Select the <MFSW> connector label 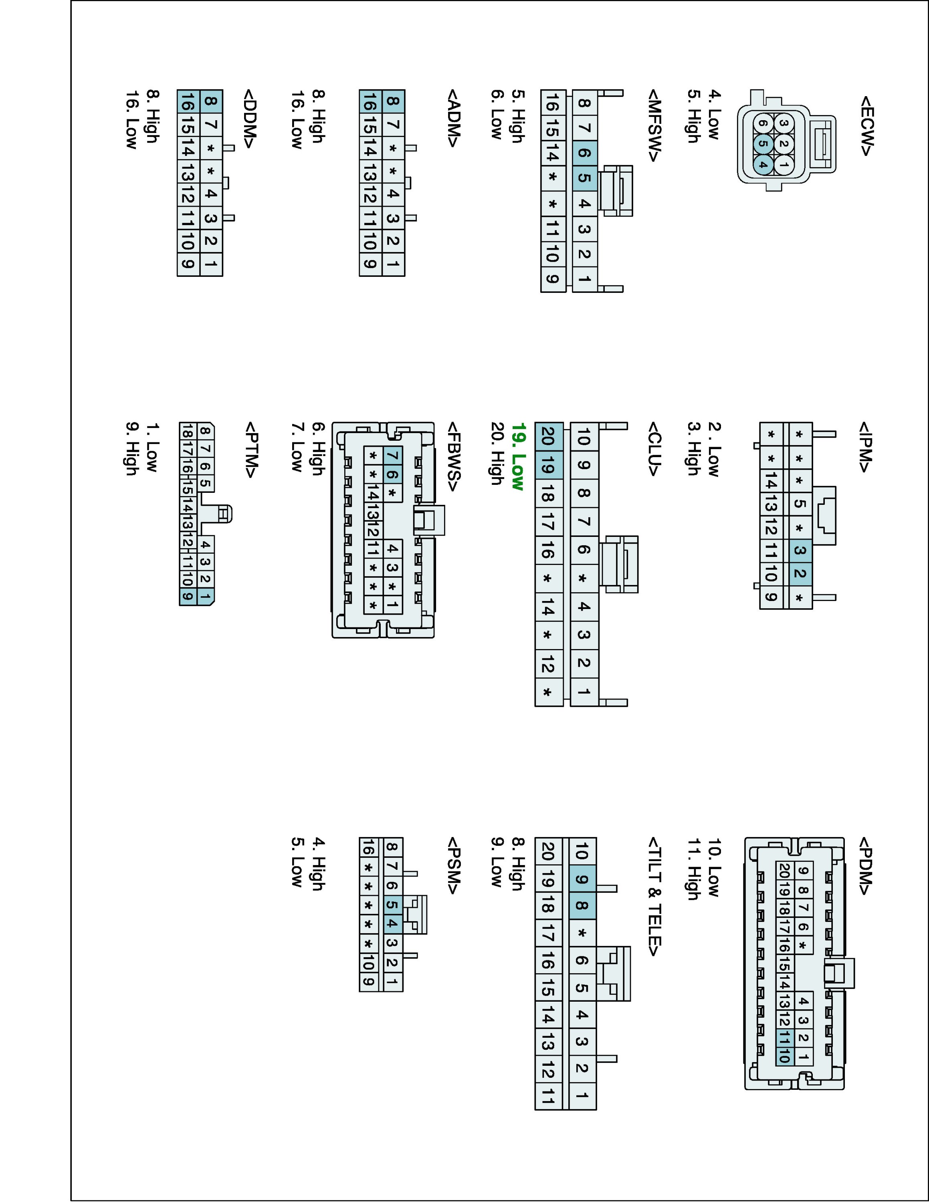[x=654, y=126]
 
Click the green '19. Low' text [x=517, y=457]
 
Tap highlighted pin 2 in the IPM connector [x=800, y=573]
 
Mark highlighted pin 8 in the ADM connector [x=392, y=101]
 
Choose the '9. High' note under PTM [x=131, y=449]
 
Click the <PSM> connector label [x=454, y=866]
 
